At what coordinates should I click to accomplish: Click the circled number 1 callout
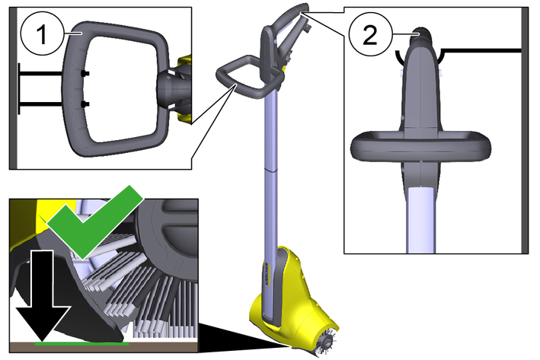click(43, 33)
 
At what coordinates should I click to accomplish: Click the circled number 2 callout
click(370, 35)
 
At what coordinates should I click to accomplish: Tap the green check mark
click(94, 221)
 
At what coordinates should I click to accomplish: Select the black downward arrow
click(43, 296)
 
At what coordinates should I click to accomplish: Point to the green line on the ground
click(81, 343)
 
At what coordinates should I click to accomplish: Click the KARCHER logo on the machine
click(268, 274)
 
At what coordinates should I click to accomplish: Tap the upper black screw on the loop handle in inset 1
click(85, 73)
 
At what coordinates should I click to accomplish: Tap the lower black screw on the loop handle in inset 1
click(85, 104)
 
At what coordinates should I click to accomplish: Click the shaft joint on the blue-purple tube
click(270, 170)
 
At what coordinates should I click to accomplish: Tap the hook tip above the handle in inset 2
click(420, 32)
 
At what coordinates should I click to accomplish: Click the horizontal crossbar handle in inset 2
click(420, 146)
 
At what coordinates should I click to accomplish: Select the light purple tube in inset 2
click(420, 220)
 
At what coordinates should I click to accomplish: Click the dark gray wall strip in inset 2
click(526, 130)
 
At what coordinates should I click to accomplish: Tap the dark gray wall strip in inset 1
click(13, 88)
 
